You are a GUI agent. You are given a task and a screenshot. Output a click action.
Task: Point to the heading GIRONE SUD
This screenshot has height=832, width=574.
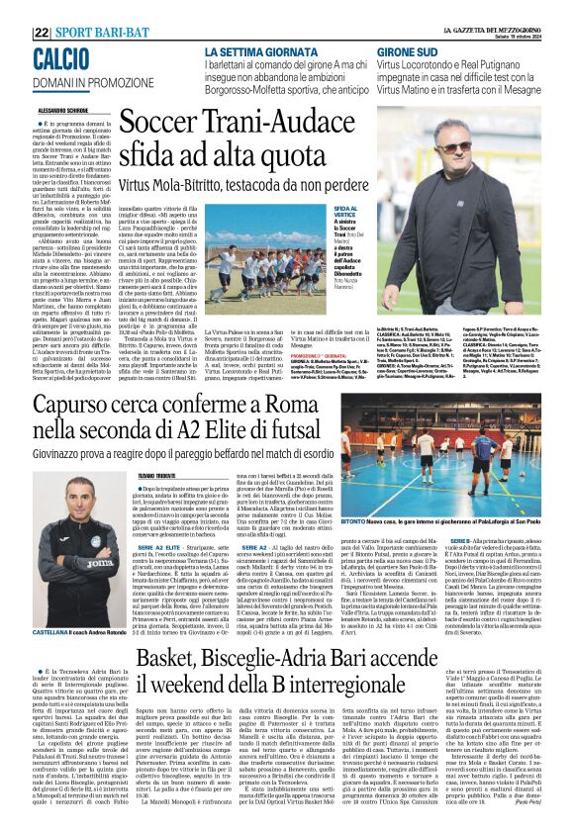(x=430, y=51)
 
